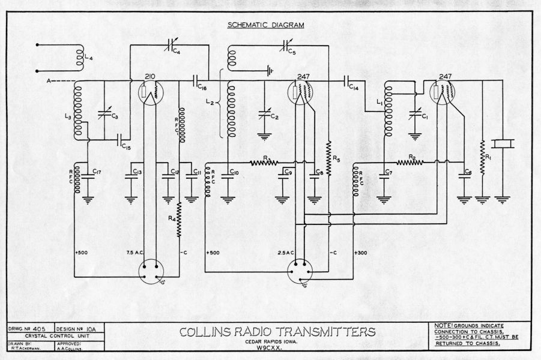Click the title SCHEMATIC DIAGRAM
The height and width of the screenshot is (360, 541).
(265, 25)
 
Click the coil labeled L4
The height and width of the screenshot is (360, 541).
(78, 56)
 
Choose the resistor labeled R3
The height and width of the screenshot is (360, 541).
(265, 163)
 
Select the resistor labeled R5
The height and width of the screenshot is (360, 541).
(328, 154)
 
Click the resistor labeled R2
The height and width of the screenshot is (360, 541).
(410, 163)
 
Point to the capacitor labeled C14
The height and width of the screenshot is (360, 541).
(348, 81)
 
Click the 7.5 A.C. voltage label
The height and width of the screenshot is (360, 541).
(138, 252)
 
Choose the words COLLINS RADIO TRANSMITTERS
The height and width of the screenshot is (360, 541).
(277, 332)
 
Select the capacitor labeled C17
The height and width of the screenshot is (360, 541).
(91, 174)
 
